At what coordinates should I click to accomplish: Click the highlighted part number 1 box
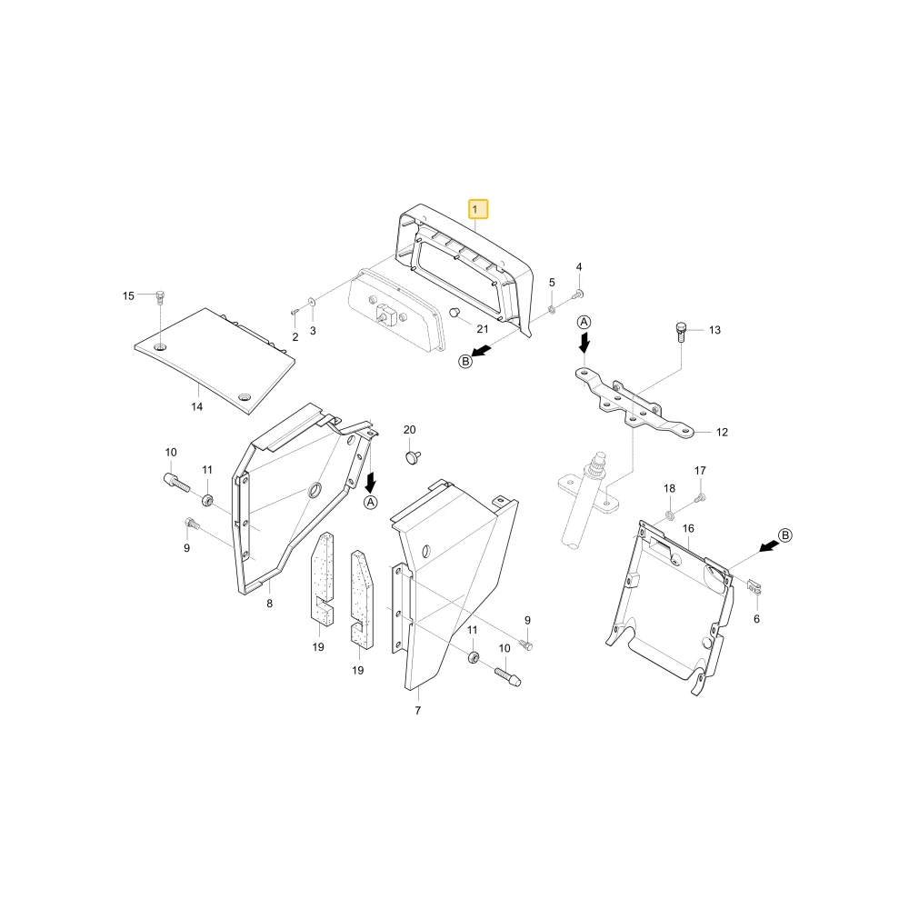[478, 209]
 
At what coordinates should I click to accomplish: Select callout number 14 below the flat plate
[197, 407]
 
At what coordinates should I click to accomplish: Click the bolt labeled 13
[681, 332]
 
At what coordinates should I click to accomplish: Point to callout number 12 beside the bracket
[722, 433]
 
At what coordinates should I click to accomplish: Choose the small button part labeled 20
[413, 457]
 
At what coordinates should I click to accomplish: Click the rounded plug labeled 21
[455, 313]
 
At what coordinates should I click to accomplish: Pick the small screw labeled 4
[577, 295]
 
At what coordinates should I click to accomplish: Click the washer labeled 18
[670, 514]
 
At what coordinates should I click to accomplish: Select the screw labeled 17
[699, 497]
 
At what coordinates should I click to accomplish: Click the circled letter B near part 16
[785, 535]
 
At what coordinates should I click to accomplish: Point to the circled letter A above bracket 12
[584, 323]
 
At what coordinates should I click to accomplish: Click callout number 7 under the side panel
[418, 711]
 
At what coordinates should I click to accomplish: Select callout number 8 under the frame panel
[270, 604]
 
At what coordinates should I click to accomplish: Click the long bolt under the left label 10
[176, 481]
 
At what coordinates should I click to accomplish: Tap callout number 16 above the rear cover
[688, 529]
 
